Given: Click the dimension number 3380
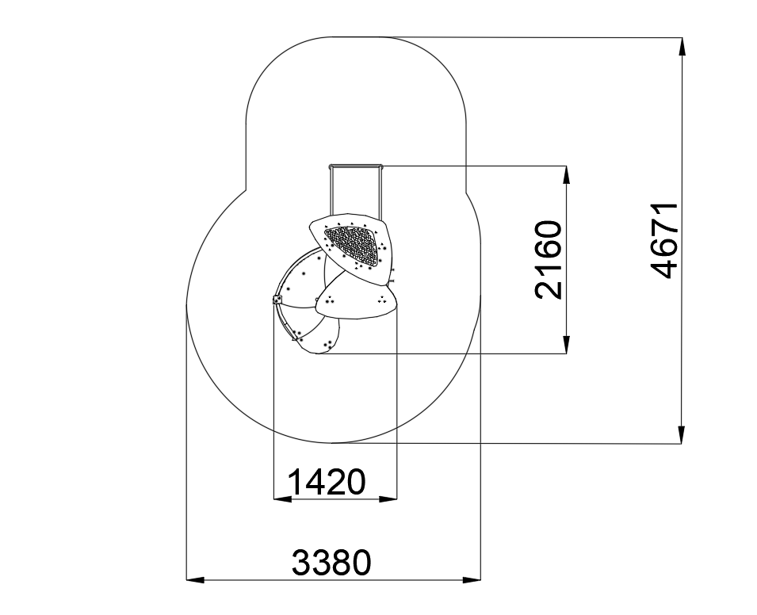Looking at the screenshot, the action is tap(331, 563).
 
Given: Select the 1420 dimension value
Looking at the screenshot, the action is tap(327, 482).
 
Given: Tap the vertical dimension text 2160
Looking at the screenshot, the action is tap(549, 260).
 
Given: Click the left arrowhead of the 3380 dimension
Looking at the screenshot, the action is tap(196, 579).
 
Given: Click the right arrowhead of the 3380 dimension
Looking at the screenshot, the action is tap(472, 579).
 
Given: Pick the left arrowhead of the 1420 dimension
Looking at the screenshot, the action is tap(282, 498).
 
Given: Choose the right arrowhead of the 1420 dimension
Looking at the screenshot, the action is tap(388, 498).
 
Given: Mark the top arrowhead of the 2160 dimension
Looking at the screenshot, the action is tap(567, 175).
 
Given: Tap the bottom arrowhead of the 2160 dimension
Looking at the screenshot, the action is tap(567, 344).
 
